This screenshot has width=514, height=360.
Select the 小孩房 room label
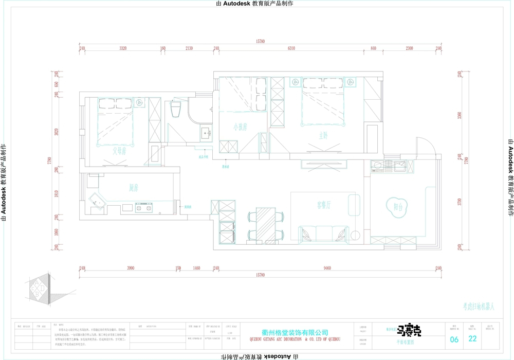click(x=240, y=127)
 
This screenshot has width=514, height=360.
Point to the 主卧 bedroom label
click(x=323, y=136)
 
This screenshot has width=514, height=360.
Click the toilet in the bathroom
click(x=175, y=109)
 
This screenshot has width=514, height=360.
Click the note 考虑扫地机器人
click(x=478, y=307)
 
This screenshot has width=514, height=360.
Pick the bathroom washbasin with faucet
click(x=207, y=133)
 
